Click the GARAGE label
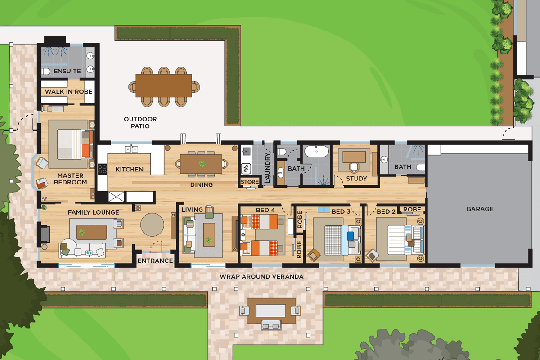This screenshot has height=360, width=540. pyautogui.click(x=480, y=209)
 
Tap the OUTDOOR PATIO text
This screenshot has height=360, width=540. pyautogui.click(x=140, y=122)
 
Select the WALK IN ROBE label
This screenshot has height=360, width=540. pyautogui.click(x=69, y=92)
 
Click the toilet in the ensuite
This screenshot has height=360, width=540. pyautogui.click(x=45, y=72)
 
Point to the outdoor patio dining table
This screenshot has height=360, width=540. pyautogui.click(x=164, y=85)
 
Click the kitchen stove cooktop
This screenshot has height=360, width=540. pyautogui.click(x=102, y=169)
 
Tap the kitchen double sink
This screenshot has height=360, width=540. pyautogui.click(x=131, y=149)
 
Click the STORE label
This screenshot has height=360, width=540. pyautogui.click(x=250, y=182)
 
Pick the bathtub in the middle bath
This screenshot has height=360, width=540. pyautogui.click(x=316, y=151)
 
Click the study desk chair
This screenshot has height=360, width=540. pyautogui.click(x=354, y=168)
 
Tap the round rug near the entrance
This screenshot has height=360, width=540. pyautogui.click(x=153, y=225)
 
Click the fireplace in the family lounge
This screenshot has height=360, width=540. pyautogui.click(x=45, y=234)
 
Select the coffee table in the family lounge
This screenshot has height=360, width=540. pyautogui.click(x=92, y=232)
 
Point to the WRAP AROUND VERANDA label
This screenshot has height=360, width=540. pyautogui.click(x=261, y=277)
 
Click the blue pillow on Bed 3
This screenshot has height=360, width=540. pyautogui.click(x=350, y=236)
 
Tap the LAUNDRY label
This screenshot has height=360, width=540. pyautogui.click(x=267, y=168)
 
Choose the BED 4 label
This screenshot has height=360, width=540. pyautogui.click(x=265, y=210)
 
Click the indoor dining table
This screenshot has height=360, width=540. pyautogui.click(x=201, y=164)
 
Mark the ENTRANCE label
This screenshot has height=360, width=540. pyautogui.click(x=155, y=261)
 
